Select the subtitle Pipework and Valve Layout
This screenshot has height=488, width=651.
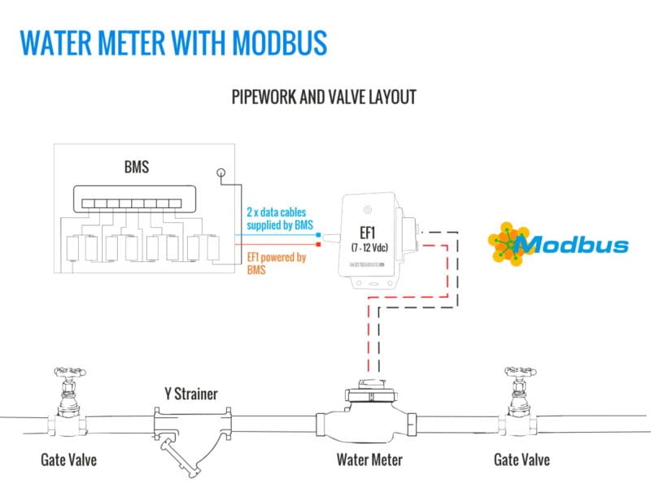325,98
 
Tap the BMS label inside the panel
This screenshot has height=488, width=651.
136,168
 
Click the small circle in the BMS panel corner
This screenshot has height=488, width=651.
221,172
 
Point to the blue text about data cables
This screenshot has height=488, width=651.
279,218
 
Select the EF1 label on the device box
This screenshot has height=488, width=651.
368,229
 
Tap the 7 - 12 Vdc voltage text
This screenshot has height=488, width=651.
369,246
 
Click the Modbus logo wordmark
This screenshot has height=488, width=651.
571,244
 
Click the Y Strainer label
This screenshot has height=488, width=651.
186,394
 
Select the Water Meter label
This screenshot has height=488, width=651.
369,460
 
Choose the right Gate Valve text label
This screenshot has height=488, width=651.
522,460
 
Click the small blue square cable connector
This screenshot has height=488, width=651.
318,232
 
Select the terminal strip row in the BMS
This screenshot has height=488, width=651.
134,200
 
